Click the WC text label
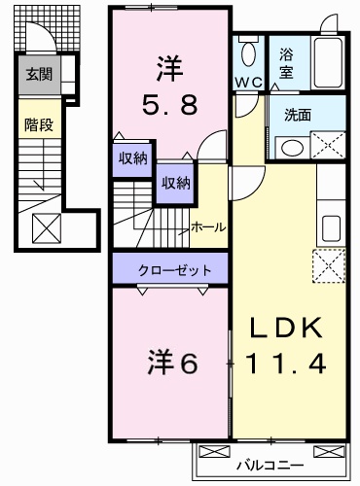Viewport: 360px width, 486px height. pos(247,83)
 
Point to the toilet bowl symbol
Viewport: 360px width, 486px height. pos(249,52)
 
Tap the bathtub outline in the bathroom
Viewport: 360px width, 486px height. pos(325,60)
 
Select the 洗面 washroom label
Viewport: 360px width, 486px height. pos(298,114)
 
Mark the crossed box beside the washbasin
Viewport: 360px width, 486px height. pos(328,146)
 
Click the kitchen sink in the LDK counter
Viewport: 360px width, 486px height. pos(330,227)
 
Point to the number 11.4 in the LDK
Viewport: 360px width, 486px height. pos(283,364)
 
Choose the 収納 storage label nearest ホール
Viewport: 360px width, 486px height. pos(175,181)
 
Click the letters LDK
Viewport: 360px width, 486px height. pos(283,329)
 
